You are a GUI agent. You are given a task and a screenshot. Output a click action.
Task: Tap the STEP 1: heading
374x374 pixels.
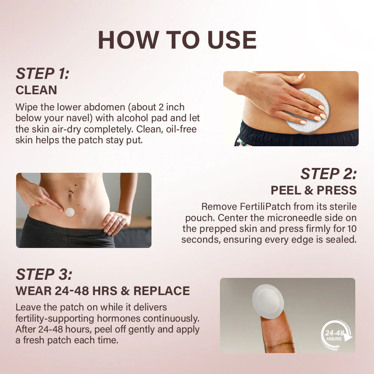click(x=42, y=74)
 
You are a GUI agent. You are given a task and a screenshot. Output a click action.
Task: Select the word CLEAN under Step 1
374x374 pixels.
click(x=36, y=90)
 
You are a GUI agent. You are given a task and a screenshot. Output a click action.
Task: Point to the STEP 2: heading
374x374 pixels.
click(x=328, y=174)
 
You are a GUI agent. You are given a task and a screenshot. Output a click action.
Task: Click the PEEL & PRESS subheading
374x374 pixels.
click(x=313, y=190)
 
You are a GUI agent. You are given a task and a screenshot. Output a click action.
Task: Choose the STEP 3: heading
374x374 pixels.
click(x=44, y=275)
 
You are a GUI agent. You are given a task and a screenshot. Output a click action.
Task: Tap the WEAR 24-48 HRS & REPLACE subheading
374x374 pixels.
click(x=102, y=291)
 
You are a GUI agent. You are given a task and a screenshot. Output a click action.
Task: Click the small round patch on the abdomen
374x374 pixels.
click(x=70, y=212)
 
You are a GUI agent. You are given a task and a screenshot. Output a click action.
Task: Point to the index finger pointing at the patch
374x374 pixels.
click(x=52, y=202)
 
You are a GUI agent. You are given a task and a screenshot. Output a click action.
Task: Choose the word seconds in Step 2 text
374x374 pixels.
click(x=197, y=239)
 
